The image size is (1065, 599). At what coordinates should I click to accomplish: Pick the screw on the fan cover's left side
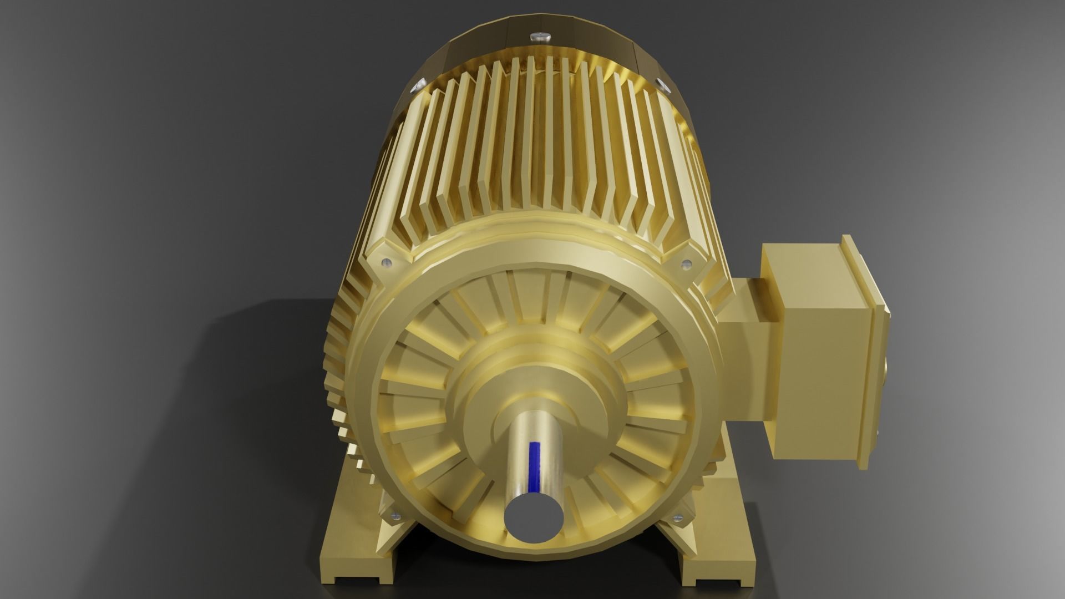click(x=417, y=86)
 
